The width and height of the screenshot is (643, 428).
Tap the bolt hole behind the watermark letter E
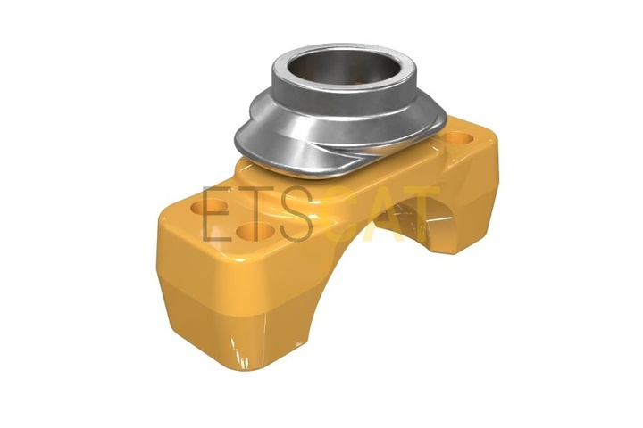tap(210, 207)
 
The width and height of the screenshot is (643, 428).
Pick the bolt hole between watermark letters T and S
tap(255, 232)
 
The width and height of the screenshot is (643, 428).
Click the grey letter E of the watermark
tap(217, 214)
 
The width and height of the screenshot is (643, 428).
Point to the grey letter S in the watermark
tap(296, 214)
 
